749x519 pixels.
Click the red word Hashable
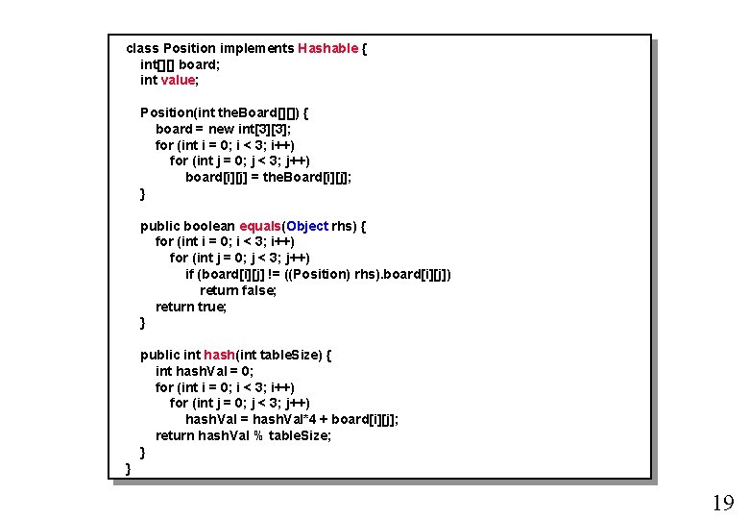(327, 48)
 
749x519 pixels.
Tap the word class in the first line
(142, 48)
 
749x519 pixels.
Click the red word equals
(260, 226)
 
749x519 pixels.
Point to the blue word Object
(307, 226)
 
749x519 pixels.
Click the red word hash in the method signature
(219, 355)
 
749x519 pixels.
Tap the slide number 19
(722, 502)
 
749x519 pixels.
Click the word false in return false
(258, 290)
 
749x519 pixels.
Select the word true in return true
(211, 307)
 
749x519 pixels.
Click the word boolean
(208, 226)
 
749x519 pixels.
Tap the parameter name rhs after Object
(343, 226)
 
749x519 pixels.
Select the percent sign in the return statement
(258, 435)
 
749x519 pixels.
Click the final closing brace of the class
(129, 468)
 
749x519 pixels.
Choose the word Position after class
(189, 48)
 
